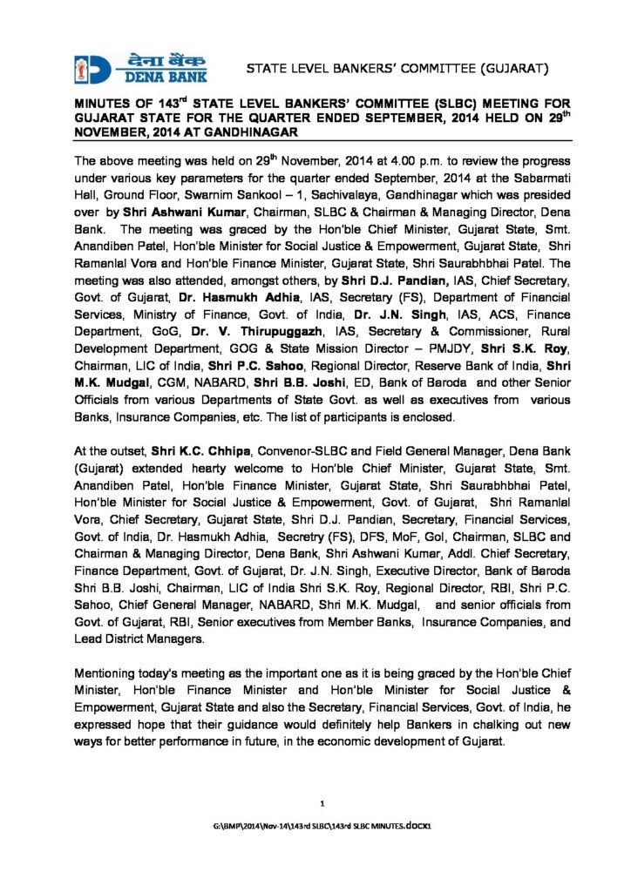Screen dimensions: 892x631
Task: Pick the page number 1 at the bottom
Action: [x=322, y=801]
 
